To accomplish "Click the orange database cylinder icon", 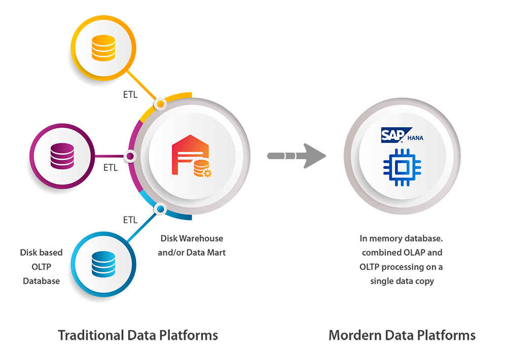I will tap(103, 48).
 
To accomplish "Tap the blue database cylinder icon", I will tap(103, 263).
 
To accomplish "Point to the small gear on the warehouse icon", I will tap(207, 173).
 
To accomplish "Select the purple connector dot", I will tap(130, 157).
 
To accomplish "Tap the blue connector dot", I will tap(160, 208).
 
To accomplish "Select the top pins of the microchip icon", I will tap(402, 152).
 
